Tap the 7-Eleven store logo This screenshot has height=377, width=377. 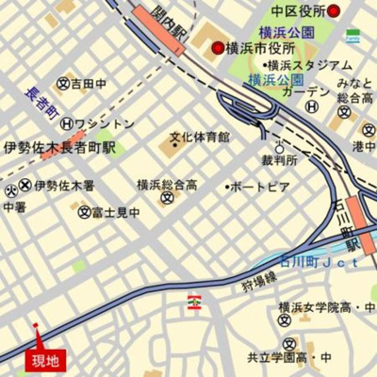pos(195,302)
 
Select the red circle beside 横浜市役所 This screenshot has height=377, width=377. pos(218,47)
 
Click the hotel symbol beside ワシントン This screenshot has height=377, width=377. pos(66,123)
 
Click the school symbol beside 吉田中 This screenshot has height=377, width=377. pos(62,83)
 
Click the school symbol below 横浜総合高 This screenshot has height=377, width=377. pos(167,199)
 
